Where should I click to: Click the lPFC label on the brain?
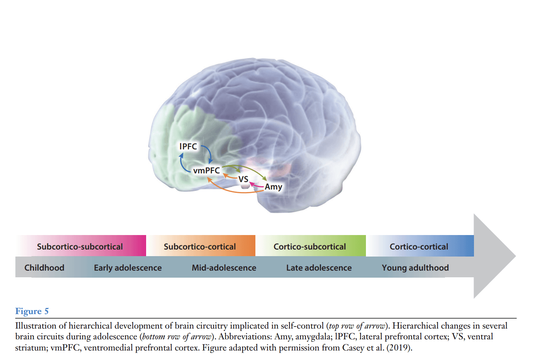(188, 146)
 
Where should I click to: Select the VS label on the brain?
(243, 179)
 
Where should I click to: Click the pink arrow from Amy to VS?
(257, 186)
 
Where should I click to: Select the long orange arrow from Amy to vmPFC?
(232, 192)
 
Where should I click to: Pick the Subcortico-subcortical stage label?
(80, 247)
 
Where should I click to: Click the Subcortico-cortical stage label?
(200, 247)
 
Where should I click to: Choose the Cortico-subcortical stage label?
(310, 247)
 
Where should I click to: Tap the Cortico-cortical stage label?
(419, 247)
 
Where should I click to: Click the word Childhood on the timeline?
(44, 268)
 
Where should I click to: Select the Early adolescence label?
(127, 268)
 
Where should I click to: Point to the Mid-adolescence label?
(224, 268)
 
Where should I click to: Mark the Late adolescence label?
(319, 268)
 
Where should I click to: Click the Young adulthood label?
(415, 268)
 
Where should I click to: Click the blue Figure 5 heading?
(32, 311)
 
